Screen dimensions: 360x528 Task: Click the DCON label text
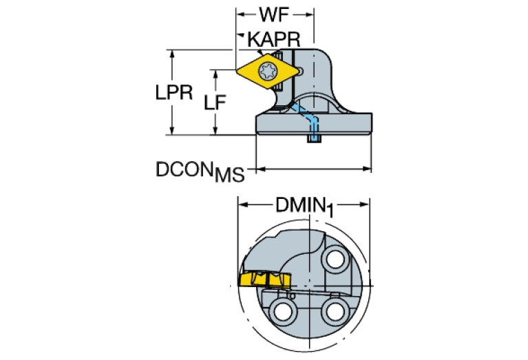tap(183, 167)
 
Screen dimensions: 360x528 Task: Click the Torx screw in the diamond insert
tap(267, 70)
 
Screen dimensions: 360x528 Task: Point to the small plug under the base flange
tap(314, 139)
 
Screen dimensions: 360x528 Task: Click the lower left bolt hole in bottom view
tap(282, 310)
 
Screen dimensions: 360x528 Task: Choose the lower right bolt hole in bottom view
tap(335, 310)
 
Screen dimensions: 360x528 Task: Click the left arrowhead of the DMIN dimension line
tap(242, 204)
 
